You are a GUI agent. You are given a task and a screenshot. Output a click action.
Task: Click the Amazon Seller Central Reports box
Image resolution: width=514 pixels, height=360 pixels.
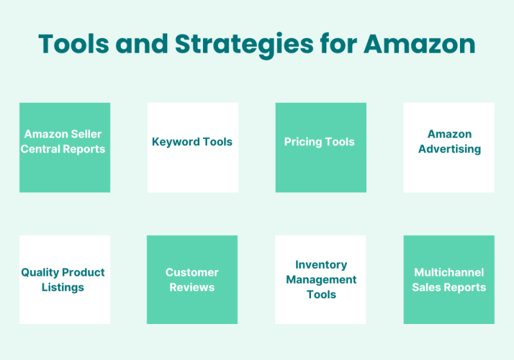coord(64,148)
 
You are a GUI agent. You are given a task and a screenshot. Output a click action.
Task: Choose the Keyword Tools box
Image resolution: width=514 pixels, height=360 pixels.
coord(192,148)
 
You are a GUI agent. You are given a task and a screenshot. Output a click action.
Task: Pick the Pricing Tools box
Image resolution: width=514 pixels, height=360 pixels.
coord(321,148)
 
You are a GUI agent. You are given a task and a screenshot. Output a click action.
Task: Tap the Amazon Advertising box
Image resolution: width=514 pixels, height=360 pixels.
coord(448,148)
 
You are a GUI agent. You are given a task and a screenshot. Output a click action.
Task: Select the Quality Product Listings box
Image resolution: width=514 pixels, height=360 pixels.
coord(64,280)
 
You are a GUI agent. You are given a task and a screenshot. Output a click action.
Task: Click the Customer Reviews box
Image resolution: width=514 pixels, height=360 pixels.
coord(192,280)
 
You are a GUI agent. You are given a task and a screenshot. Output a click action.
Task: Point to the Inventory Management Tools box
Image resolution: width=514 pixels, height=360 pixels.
coord(321,280)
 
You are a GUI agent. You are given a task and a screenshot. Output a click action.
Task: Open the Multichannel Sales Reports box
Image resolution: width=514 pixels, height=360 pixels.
coord(448,280)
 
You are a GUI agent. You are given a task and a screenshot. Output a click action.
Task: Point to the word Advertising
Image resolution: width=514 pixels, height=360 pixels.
coord(449,149)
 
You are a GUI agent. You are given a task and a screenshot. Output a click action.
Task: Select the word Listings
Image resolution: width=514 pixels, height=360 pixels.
coord(63,287)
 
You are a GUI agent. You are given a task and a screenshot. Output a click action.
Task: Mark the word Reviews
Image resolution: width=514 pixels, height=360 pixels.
coord(191,287)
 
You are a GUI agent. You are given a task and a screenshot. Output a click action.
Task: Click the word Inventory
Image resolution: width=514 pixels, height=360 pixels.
coord(321,265)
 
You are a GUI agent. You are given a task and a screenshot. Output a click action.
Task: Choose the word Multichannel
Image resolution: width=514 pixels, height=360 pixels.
coord(449,273)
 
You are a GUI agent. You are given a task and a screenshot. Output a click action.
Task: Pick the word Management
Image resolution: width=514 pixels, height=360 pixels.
coord(321,280)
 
